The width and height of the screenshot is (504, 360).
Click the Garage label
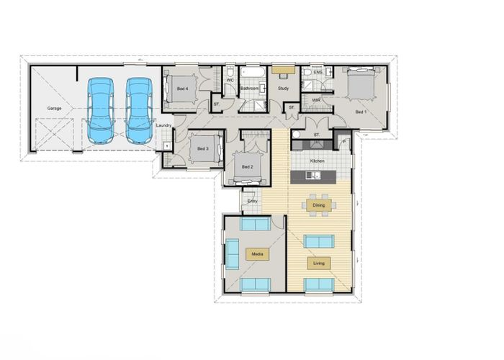tap(54, 108)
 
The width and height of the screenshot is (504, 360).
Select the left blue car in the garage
tap(100, 110)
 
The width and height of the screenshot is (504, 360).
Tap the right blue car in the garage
tap(138, 110)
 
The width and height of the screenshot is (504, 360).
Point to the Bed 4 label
tap(182, 89)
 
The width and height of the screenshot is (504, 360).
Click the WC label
tap(230, 80)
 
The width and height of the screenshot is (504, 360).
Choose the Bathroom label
tap(250, 89)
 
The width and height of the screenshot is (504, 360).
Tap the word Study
tap(283, 89)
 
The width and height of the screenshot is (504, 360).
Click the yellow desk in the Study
tap(282, 71)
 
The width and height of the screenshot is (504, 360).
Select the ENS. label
tap(318, 72)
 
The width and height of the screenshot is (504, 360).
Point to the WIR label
tap(315, 99)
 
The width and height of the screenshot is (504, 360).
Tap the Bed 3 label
tap(202, 148)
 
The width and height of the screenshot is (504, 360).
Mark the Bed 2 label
tap(247, 167)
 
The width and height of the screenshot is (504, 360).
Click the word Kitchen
tap(318, 161)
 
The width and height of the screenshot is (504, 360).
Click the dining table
tap(318, 206)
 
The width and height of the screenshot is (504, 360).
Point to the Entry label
tap(253, 201)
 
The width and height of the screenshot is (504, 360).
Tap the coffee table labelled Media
tap(256, 253)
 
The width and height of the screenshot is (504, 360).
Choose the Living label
tap(318, 264)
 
